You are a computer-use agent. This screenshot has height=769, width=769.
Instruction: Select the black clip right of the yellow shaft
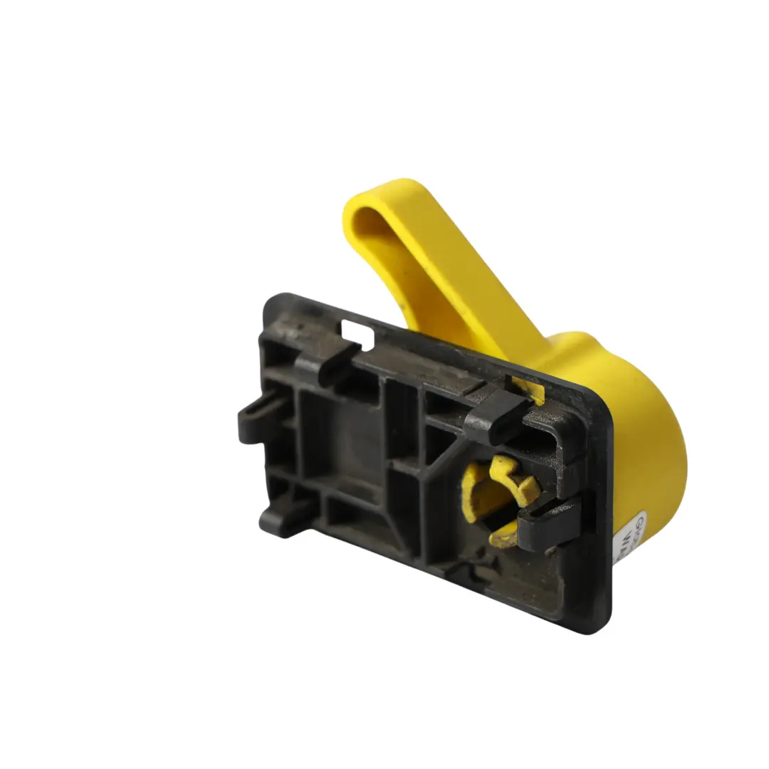(x=548, y=523)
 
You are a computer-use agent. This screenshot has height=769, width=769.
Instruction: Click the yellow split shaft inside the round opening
(x=502, y=491)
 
